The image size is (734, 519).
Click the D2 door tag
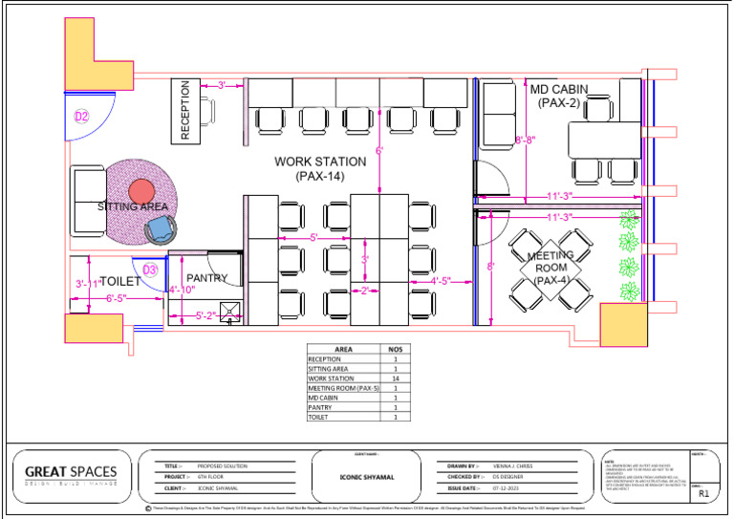[x=82, y=117]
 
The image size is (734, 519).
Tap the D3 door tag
[x=150, y=270]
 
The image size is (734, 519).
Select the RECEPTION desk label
[x=185, y=110]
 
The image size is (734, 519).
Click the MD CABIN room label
[x=559, y=96]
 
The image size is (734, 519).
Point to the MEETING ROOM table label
[x=550, y=268]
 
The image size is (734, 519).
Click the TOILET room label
[x=120, y=281]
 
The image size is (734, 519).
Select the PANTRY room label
[x=207, y=279]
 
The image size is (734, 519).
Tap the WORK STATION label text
[x=320, y=168]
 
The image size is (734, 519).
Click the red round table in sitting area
[x=141, y=190]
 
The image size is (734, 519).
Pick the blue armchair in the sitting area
[x=160, y=229]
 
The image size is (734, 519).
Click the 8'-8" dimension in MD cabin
[x=525, y=141]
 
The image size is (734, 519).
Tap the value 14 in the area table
[x=395, y=378]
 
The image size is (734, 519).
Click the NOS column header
[x=395, y=350]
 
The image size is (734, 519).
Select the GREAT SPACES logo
[x=71, y=473]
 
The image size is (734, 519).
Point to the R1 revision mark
[x=703, y=495]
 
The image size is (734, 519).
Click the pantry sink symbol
[x=230, y=311]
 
